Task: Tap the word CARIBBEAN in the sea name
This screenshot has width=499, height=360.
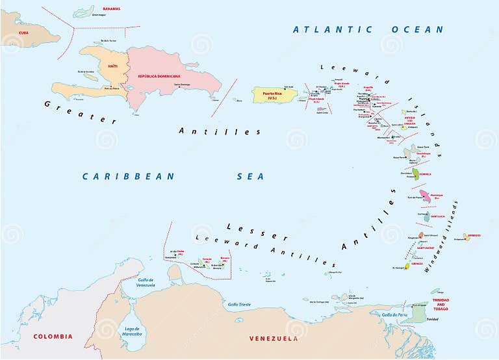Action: (x=129, y=176)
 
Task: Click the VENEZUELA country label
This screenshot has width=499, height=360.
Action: (x=274, y=339)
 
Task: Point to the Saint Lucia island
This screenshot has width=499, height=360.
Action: (x=427, y=217)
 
